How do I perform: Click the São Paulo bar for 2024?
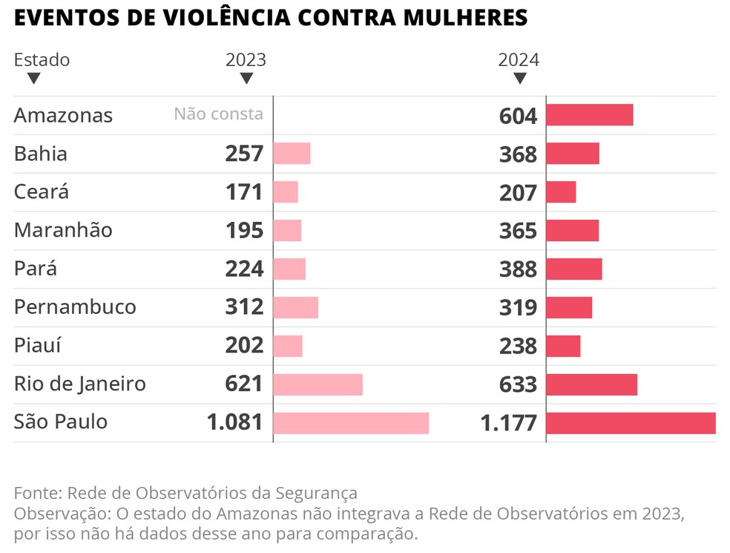point(631,423)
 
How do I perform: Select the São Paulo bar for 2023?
point(351,423)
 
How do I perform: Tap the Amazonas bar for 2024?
point(589,115)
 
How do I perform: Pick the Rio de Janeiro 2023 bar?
point(318,385)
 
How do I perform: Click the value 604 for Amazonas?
point(518,116)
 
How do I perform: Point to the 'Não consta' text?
point(218,114)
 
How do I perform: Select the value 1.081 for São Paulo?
point(235,422)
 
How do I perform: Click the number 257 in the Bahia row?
point(244,154)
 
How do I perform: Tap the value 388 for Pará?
point(518,269)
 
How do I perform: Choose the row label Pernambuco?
point(75,307)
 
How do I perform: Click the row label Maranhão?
point(63,230)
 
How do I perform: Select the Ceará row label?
point(42,192)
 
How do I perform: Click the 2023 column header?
point(246,60)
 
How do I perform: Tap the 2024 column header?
point(519,60)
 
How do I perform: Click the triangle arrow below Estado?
point(33,78)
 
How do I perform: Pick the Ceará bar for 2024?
point(561,192)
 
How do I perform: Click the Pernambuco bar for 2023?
point(295,307)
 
